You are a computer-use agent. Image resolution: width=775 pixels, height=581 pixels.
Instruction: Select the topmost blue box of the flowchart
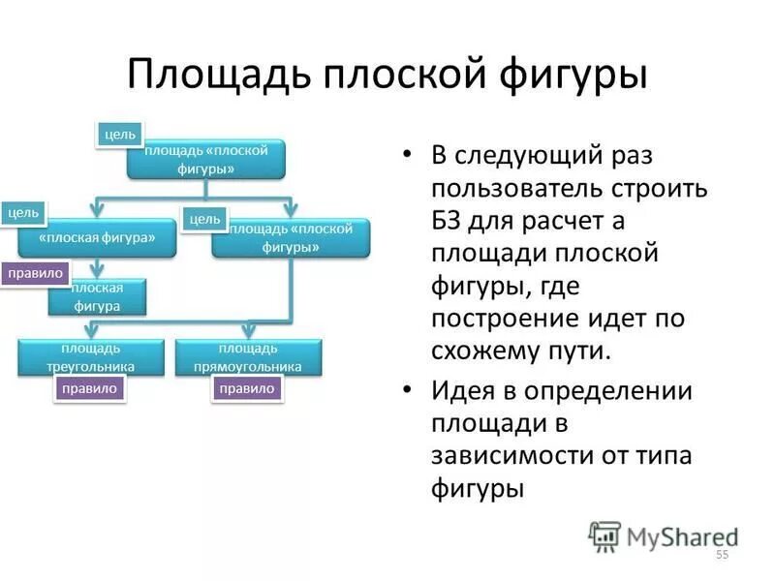point(205,159)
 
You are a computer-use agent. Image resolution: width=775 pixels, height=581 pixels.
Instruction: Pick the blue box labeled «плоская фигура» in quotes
point(97,238)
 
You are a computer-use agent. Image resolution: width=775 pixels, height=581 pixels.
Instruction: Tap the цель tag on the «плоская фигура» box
point(23,212)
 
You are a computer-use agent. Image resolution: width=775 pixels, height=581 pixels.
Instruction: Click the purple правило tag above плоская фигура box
point(36,273)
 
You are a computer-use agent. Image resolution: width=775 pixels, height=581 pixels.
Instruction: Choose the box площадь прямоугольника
point(247,357)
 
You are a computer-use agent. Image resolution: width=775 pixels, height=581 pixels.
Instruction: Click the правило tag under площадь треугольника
point(89,388)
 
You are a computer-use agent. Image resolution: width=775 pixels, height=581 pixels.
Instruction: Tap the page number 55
point(721,555)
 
